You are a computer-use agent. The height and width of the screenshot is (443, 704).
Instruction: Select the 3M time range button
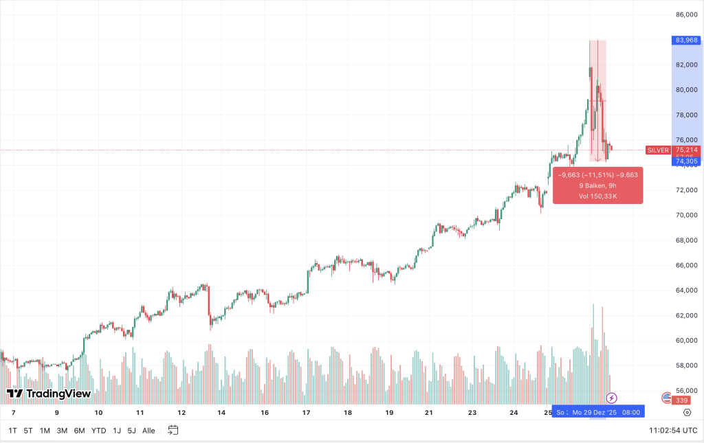(x=62, y=431)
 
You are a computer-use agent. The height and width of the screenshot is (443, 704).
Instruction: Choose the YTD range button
(x=98, y=431)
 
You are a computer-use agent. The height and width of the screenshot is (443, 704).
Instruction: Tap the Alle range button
(x=148, y=431)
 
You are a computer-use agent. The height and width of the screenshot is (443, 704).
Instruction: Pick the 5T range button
(x=28, y=431)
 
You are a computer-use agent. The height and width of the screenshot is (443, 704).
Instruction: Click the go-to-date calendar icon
(x=173, y=431)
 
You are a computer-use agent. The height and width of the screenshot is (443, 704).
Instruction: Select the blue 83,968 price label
(x=687, y=40)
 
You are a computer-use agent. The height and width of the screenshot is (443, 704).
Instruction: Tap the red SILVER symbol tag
(x=658, y=150)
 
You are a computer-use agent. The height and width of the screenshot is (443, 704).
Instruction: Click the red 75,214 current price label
(x=687, y=150)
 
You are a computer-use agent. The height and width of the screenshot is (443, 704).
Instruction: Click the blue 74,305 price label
(x=687, y=161)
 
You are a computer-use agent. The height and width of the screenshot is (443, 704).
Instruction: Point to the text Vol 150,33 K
(x=597, y=196)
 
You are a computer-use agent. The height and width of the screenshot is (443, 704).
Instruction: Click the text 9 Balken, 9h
(x=597, y=185)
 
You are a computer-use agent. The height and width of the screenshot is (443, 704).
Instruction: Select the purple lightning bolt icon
(x=611, y=398)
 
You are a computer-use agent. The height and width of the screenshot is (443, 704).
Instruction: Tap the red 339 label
(x=681, y=400)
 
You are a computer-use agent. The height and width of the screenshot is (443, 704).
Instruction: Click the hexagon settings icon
(x=687, y=413)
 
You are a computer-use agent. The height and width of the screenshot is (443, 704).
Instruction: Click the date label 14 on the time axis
(x=221, y=413)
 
